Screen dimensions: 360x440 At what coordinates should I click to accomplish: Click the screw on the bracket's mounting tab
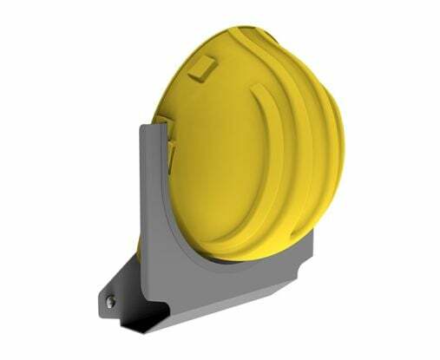point(111,301)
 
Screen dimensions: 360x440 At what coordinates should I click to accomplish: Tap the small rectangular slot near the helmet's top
point(205,66)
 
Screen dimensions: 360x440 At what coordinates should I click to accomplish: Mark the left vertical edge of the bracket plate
point(140,191)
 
